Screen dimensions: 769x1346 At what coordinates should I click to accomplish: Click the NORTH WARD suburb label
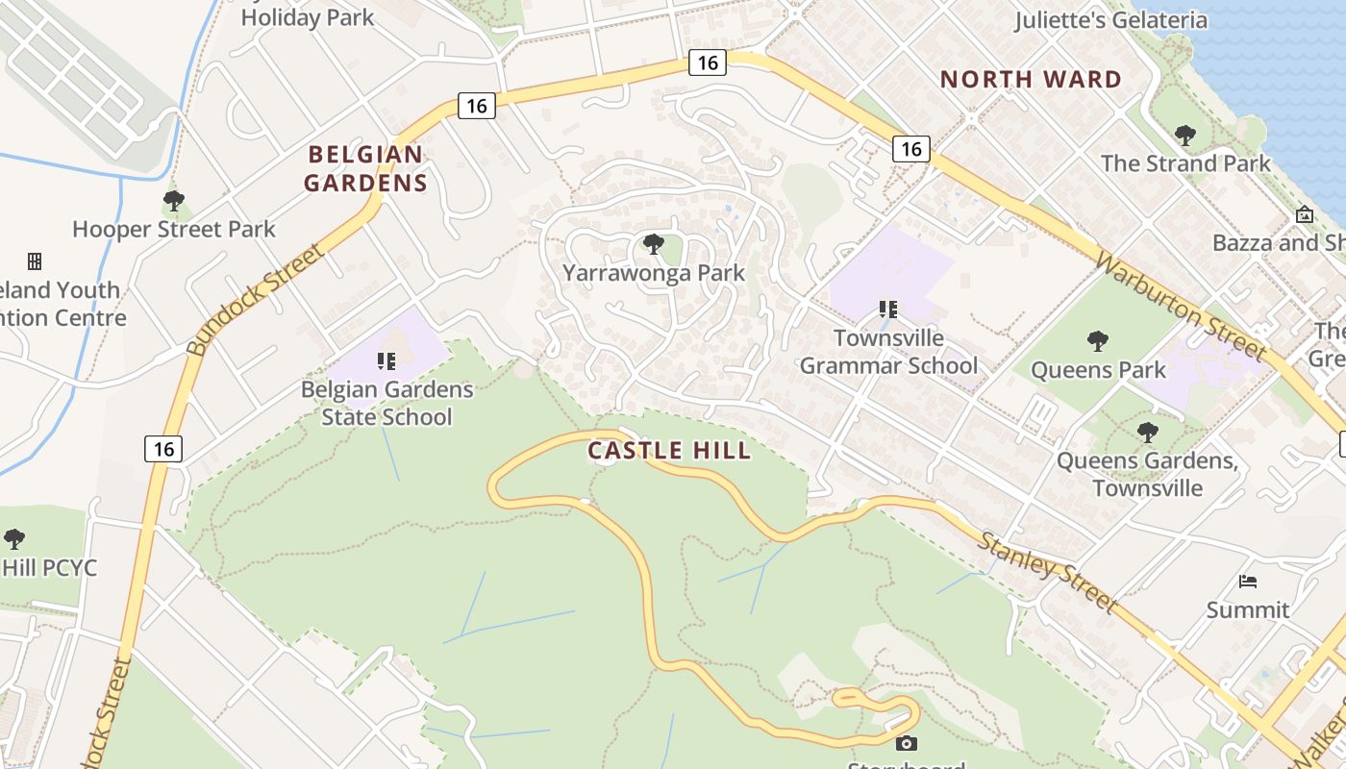point(1031,80)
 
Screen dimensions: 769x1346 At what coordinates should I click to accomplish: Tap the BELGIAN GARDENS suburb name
point(365,168)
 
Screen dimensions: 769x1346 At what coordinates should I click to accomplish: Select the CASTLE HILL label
point(669,450)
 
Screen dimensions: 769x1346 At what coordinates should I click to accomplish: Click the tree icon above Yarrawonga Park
point(654,244)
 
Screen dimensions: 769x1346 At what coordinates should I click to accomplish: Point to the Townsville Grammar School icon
point(888,310)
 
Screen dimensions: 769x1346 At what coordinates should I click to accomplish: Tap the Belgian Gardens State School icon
point(386,361)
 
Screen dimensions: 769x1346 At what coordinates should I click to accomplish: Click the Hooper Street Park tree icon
point(174,201)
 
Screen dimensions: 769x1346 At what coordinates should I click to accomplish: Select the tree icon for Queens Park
point(1097,340)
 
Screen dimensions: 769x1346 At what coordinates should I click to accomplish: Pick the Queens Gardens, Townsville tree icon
point(1147,432)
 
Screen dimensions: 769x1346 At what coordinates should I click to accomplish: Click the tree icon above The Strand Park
point(1185,135)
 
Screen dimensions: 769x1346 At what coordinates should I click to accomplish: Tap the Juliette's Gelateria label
point(1110,20)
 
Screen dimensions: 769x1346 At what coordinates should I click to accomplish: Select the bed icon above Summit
point(1248,581)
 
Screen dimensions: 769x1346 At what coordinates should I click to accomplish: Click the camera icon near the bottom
point(906,743)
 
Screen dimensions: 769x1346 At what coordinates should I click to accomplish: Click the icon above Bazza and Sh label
point(1305,214)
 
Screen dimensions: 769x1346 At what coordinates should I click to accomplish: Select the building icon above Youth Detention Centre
point(35,261)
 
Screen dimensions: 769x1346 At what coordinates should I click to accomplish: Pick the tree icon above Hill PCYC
point(13,538)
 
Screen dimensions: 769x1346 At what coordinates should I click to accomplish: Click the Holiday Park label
point(308,17)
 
